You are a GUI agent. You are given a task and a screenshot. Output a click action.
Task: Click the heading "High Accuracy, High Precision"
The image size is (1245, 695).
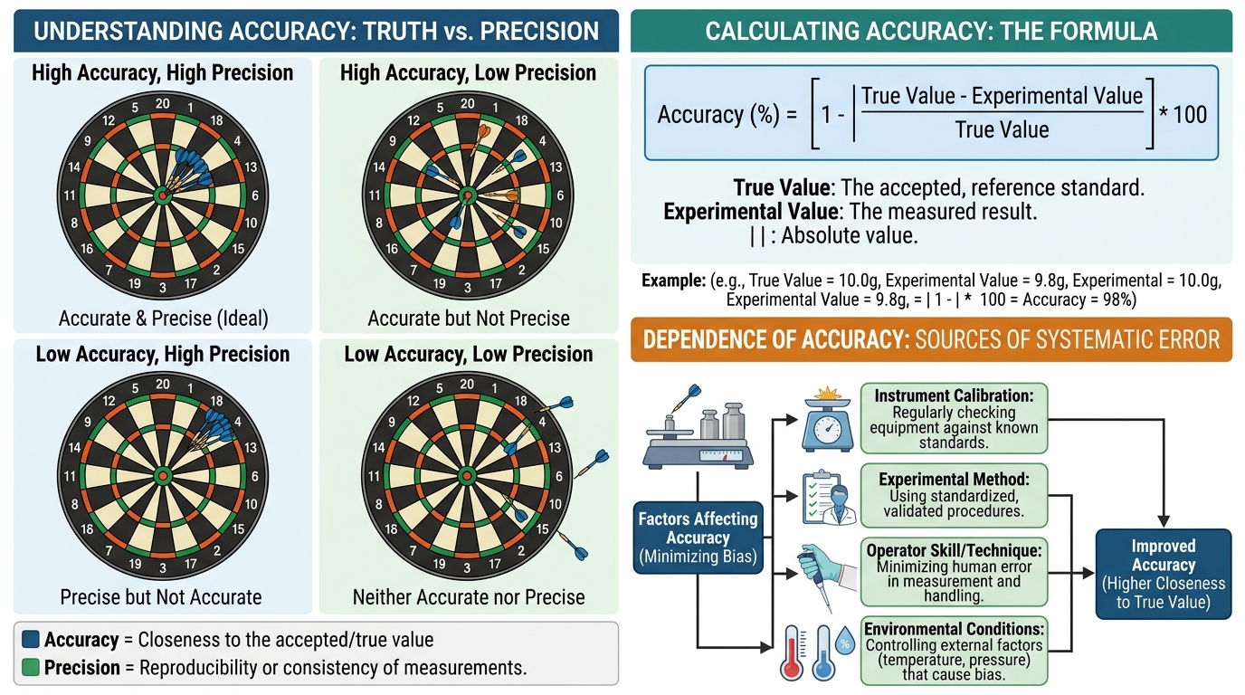[x=162, y=72]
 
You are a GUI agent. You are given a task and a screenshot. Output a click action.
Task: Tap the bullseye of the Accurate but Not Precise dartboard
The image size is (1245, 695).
[x=468, y=195]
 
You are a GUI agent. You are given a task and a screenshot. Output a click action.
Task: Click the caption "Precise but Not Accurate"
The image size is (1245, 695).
[x=161, y=596]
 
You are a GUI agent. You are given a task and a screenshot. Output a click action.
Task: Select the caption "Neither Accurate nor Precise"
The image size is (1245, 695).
[x=469, y=596]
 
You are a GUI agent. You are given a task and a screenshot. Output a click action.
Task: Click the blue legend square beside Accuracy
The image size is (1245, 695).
[x=31, y=639]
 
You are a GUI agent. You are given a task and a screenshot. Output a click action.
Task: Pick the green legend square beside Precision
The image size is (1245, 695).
[x=31, y=667]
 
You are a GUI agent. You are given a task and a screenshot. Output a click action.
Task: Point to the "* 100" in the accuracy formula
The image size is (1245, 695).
[x=1183, y=115]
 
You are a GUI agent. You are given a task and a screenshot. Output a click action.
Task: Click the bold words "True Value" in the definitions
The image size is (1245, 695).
[x=782, y=188]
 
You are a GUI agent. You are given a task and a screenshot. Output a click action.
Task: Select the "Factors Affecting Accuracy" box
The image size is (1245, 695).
[x=699, y=538]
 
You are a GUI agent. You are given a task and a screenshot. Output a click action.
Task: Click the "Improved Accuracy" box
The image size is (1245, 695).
[x=1164, y=574]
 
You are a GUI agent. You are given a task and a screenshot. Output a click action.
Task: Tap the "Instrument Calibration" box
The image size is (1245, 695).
[x=954, y=418]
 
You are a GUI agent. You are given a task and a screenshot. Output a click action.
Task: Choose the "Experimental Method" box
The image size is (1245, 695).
[x=954, y=495]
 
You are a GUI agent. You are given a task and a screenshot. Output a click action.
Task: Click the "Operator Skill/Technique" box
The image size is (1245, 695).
[x=954, y=572]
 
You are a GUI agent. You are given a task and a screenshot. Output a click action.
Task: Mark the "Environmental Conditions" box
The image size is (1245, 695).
[x=954, y=651]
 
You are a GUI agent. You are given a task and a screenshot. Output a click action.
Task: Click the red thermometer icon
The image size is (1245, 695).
[x=792, y=653]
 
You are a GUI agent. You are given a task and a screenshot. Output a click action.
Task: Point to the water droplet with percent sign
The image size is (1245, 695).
[x=845, y=641]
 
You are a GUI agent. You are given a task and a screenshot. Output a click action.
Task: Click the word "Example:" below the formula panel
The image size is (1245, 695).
[x=674, y=281]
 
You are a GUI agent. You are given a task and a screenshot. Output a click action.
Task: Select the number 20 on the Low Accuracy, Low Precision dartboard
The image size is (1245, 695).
[x=467, y=385]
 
